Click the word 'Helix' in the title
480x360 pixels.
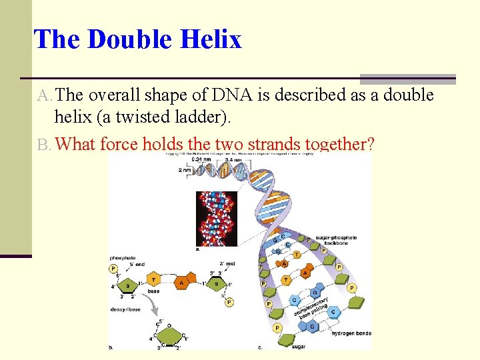point(211,40)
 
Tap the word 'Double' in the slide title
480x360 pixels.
point(130,40)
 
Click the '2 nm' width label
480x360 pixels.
point(185,170)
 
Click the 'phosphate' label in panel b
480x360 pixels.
point(123,258)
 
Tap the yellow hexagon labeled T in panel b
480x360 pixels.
point(153,281)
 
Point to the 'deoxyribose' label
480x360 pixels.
point(125,309)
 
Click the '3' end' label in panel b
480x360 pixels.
point(225,264)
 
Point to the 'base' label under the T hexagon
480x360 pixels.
point(153,291)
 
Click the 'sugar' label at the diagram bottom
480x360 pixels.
point(299,347)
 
